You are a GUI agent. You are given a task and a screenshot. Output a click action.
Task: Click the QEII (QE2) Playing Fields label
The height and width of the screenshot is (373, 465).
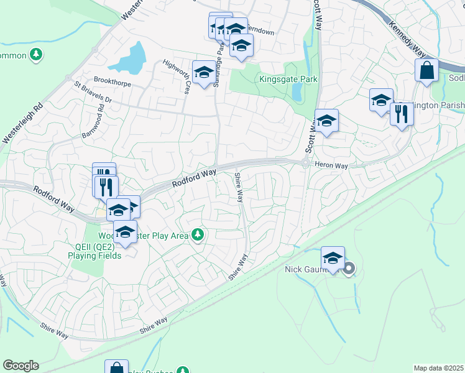tap(93, 251)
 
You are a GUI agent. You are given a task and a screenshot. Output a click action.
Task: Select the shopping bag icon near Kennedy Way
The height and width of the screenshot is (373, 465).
tap(426, 71)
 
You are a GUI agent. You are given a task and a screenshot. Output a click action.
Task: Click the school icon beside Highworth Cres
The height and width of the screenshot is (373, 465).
tap(203, 73)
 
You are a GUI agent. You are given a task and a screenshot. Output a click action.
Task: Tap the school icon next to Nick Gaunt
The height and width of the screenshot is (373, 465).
tap(333, 258)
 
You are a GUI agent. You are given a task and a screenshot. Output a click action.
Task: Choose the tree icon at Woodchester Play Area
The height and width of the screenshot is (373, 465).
tap(198, 235)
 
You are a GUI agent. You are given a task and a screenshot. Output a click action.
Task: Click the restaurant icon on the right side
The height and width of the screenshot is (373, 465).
tap(402, 114)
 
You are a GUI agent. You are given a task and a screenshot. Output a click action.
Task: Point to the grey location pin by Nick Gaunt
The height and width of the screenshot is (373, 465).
tap(349, 269)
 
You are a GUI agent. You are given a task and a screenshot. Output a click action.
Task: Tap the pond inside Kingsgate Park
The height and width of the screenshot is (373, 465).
tap(297, 92)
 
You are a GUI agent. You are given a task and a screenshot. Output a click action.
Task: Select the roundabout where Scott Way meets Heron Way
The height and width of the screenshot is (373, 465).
tap(306, 163)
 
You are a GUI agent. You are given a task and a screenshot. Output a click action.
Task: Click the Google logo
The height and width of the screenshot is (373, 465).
tap(20, 366)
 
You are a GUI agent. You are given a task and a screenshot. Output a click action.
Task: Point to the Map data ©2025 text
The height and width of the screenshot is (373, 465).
tap(438, 368)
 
